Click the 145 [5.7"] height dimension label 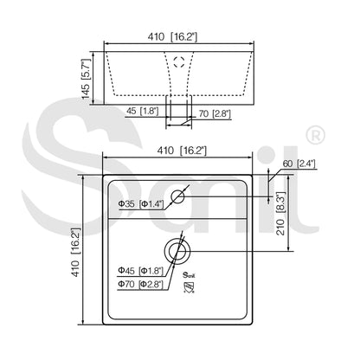[x=87, y=79]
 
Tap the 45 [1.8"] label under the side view [x=143, y=111]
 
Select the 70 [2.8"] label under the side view [x=215, y=113]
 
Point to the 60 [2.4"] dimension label [x=299, y=164]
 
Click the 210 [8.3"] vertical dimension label [x=280, y=214]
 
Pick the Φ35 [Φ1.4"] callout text [x=141, y=204]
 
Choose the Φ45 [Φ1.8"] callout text [x=140, y=271]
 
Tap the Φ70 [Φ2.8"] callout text [x=140, y=284]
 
